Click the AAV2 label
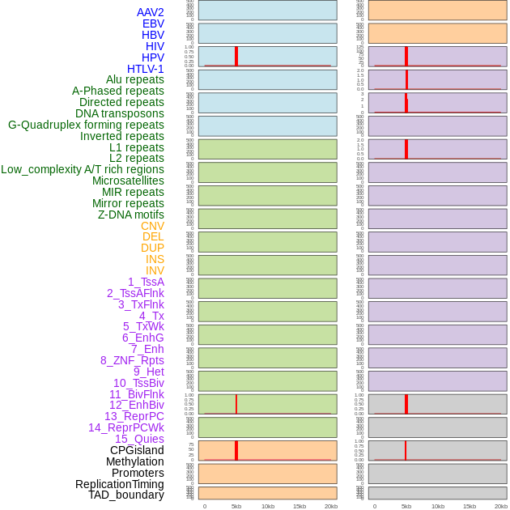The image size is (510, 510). coord(150,12)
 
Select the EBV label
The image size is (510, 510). coord(153,23)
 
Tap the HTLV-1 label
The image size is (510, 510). coord(145,69)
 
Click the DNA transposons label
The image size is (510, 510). coord(120,113)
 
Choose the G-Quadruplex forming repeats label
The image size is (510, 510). coord(86,125)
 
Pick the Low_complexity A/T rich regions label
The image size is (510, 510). coord(83,169)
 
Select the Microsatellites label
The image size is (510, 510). coord(128,181)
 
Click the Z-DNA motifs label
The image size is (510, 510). coord(130,215)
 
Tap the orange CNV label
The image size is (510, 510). coord(152,226)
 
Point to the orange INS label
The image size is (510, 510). coord(155,259)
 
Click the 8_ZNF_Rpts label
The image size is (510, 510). coord(132,360)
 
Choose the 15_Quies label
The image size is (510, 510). coord(139,439)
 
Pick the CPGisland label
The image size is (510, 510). coord(137,450)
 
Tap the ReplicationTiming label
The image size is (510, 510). coord(120,484)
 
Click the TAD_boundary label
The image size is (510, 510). coord(126,495)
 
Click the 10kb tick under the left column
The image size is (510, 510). coord(268,506)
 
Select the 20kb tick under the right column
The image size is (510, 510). coord(501,506)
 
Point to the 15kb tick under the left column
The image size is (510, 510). coord(300,506)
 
